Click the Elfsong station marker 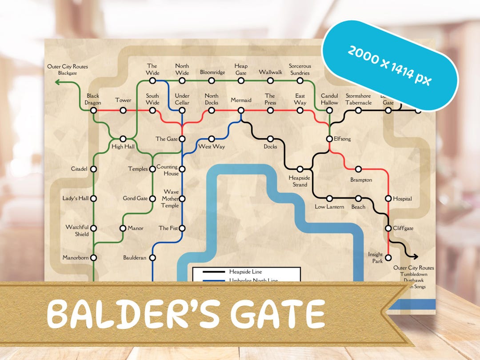point(329,139)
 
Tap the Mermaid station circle point(241,110)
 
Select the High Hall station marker point(123,139)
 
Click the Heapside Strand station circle point(300,169)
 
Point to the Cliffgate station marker point(388,228)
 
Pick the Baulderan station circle point(152,257)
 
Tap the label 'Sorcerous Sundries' point(300,70)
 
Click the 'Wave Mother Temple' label point(170,199)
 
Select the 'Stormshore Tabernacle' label point(358,99)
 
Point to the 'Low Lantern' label point(329,207)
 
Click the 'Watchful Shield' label point(77,231)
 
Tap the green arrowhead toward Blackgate point(57,82)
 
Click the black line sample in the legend point(213,272)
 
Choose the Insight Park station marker point(388,257)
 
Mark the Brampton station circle point(358,169)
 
